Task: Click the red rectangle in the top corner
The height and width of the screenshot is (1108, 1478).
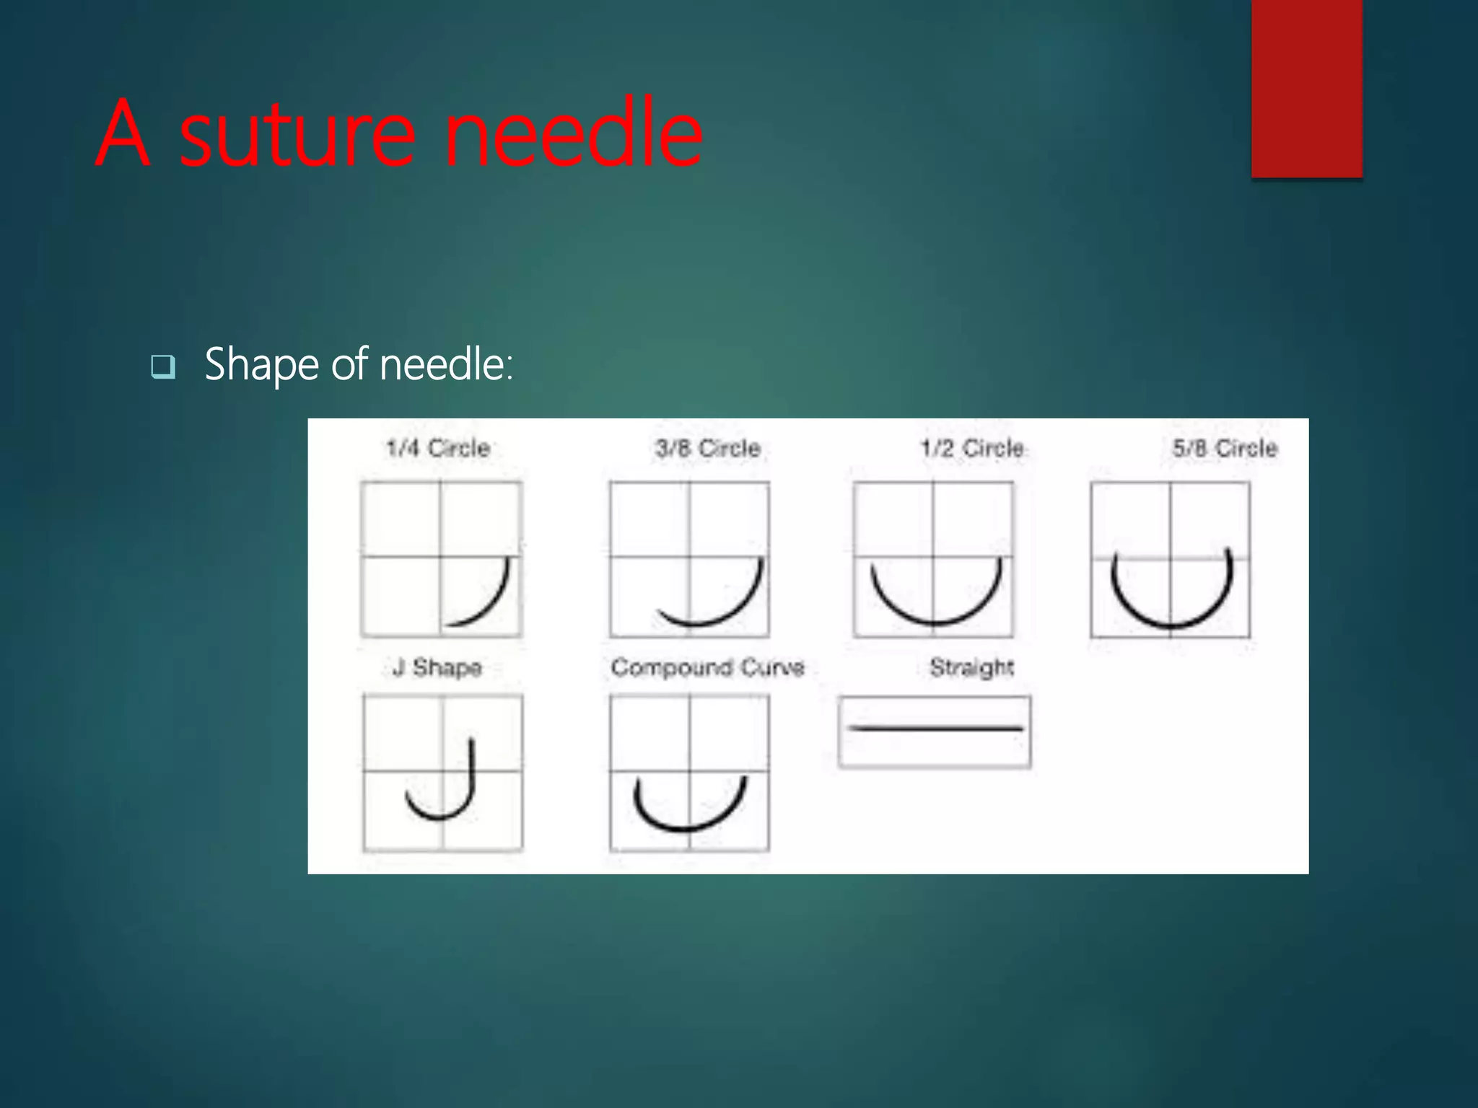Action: pos(1306,88)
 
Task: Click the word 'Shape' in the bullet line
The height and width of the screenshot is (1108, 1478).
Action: pos(261,365)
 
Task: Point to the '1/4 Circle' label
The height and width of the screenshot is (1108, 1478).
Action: pos(438,449)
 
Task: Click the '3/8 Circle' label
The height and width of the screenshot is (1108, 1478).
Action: pos(708,449)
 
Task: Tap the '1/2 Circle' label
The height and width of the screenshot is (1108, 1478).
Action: pos(972,449)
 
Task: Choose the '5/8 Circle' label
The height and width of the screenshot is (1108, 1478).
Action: pos(1225,449)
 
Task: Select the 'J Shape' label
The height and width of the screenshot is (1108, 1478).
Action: pos(438,668)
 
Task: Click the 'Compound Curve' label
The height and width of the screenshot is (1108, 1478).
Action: pos(707,668)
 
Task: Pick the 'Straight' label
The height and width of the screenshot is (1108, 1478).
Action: pos(971,668)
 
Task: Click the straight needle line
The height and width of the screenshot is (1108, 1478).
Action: pos(935,729)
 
